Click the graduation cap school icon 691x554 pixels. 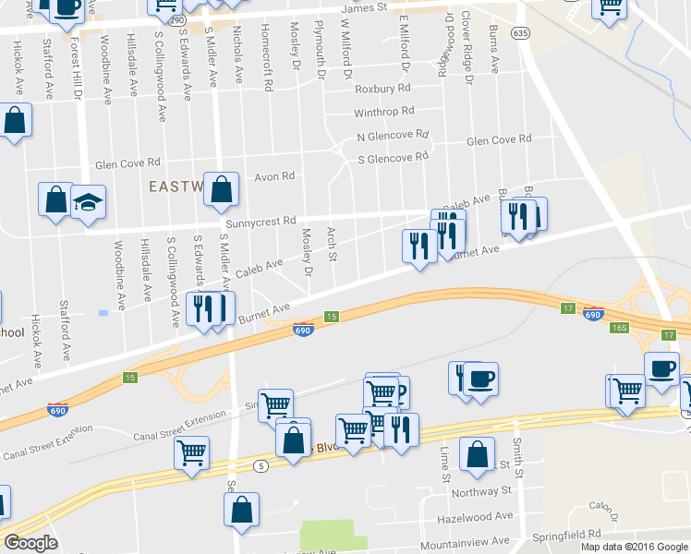[x=88, y=202]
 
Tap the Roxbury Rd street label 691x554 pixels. [x=382, y=90]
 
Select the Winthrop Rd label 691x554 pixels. [x=383, y=113]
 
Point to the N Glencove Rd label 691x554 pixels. [x=393, y=136]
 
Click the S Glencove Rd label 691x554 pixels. [x=393, y=158]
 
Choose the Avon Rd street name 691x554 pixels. [x=273, y=175]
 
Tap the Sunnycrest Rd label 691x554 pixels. [x=261, y=222]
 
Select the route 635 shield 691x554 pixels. [x=522, y=32]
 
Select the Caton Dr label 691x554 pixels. [x=603, y=506]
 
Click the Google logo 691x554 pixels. [x=30, y=543]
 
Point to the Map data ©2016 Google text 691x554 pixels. [x=634, y=547]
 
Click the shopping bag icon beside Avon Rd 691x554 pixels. [x=222, y=191]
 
